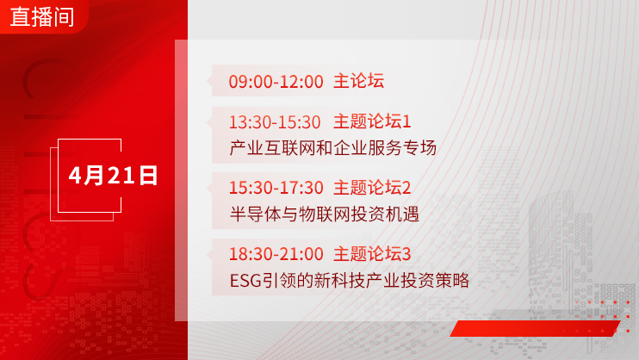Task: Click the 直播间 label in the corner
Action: point(42,16)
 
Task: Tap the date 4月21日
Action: point(113,176)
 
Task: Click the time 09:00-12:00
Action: point(276,82)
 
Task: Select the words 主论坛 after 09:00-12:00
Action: point(358,81)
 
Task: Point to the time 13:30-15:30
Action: point(275,122)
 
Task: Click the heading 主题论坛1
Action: point(372,121)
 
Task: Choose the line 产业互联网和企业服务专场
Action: point(333,147)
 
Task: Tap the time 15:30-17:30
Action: point(276,188)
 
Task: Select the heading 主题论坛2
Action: point(372,188)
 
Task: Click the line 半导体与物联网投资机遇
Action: point(325,214)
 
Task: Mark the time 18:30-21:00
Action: point(276,254)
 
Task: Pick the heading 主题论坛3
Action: point(372,253)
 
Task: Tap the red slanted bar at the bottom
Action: point(535,328)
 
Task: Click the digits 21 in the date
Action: point(121,176)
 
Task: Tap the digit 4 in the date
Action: point(76,176)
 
